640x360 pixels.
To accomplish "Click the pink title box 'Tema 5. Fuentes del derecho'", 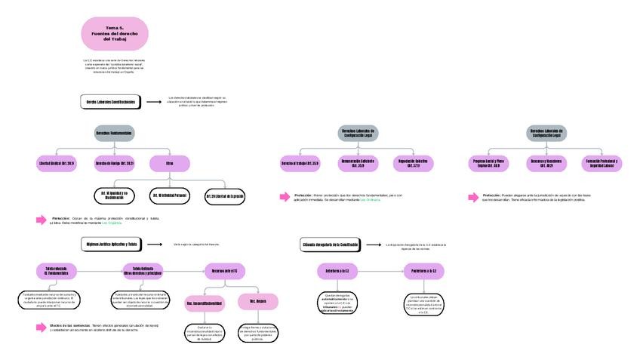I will coord(114,34).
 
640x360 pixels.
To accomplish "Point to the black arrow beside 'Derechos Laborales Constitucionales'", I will coord(155,101).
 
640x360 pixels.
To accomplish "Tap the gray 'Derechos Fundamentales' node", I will coord(114,133).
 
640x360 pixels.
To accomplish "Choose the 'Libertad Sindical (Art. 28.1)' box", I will coord(57,163).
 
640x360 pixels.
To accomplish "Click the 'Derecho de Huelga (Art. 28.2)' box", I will coord(114,163).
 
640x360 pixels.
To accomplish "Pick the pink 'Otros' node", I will coord(170,163).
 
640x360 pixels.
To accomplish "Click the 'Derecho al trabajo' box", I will coord(300,163).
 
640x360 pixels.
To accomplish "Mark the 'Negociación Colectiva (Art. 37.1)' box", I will coord(413,163).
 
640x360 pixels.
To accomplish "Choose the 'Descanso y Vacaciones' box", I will coord(546,163).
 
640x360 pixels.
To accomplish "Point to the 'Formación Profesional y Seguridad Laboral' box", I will coord(602,163).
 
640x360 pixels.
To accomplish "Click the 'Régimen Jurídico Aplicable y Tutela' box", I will coord(111,245).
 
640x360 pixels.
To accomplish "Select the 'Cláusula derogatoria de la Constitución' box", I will coord(330,245).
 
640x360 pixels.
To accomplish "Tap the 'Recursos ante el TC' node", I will coord(226,270).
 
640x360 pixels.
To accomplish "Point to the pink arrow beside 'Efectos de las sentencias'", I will coord(41,326).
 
